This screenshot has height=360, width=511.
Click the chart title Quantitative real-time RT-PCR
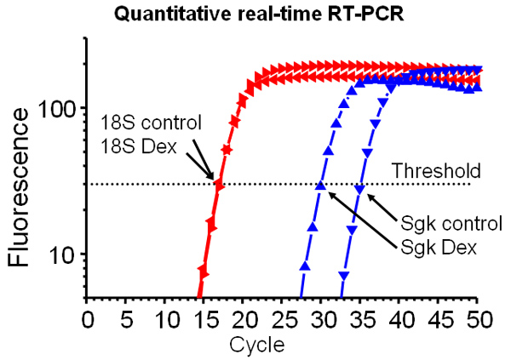click(259, 14)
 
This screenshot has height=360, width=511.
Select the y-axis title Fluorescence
click(19, 188)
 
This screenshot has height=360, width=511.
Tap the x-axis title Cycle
click(257, 345)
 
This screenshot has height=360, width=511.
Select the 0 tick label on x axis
click(88, 320)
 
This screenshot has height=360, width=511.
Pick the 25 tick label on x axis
click(282, 320)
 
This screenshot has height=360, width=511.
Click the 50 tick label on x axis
click(478, 320)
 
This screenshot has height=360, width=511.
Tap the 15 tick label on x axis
click(204, 320)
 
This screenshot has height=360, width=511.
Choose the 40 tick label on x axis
click(399, 320)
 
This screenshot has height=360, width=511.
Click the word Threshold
click(436, 170)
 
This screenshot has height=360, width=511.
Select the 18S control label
click(152, 123)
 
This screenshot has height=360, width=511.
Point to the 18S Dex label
click(139, 146)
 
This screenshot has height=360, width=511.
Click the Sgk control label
click(451, 224)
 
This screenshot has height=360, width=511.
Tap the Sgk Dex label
click(439, 248)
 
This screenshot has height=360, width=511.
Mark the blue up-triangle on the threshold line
click(321, 186)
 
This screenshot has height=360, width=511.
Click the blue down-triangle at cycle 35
click(359, 190)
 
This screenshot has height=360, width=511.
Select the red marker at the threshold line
click(219, 186)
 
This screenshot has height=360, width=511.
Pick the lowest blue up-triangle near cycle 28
click(305, 266)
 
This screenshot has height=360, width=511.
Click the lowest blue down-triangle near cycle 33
click(344, 276)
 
